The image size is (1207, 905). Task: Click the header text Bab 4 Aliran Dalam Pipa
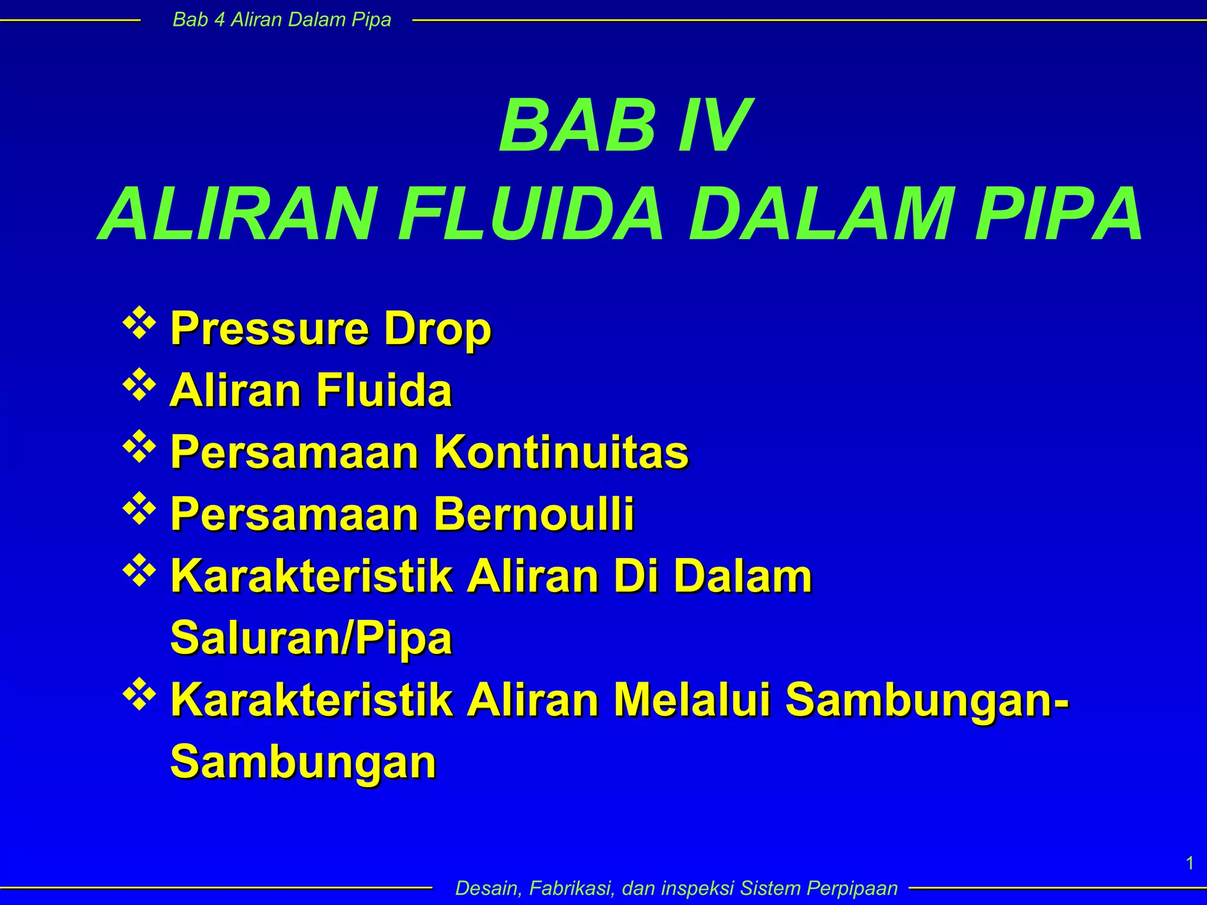(x=282, y=20)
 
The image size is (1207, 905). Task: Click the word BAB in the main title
(x=576, y=126)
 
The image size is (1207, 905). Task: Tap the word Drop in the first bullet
(x=437, y=329)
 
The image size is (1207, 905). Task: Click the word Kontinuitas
(x=561, y=452)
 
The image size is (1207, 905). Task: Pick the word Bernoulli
(x=534, y=514)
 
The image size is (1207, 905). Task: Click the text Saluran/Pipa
(x=311, y=638)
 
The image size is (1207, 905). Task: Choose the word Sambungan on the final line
(x=303, y=762)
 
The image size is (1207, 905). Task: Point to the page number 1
(x=1190, y=864)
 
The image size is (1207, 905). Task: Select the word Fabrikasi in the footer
(x=568, y=888)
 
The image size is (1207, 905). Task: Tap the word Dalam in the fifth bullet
(x=743, y=576)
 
